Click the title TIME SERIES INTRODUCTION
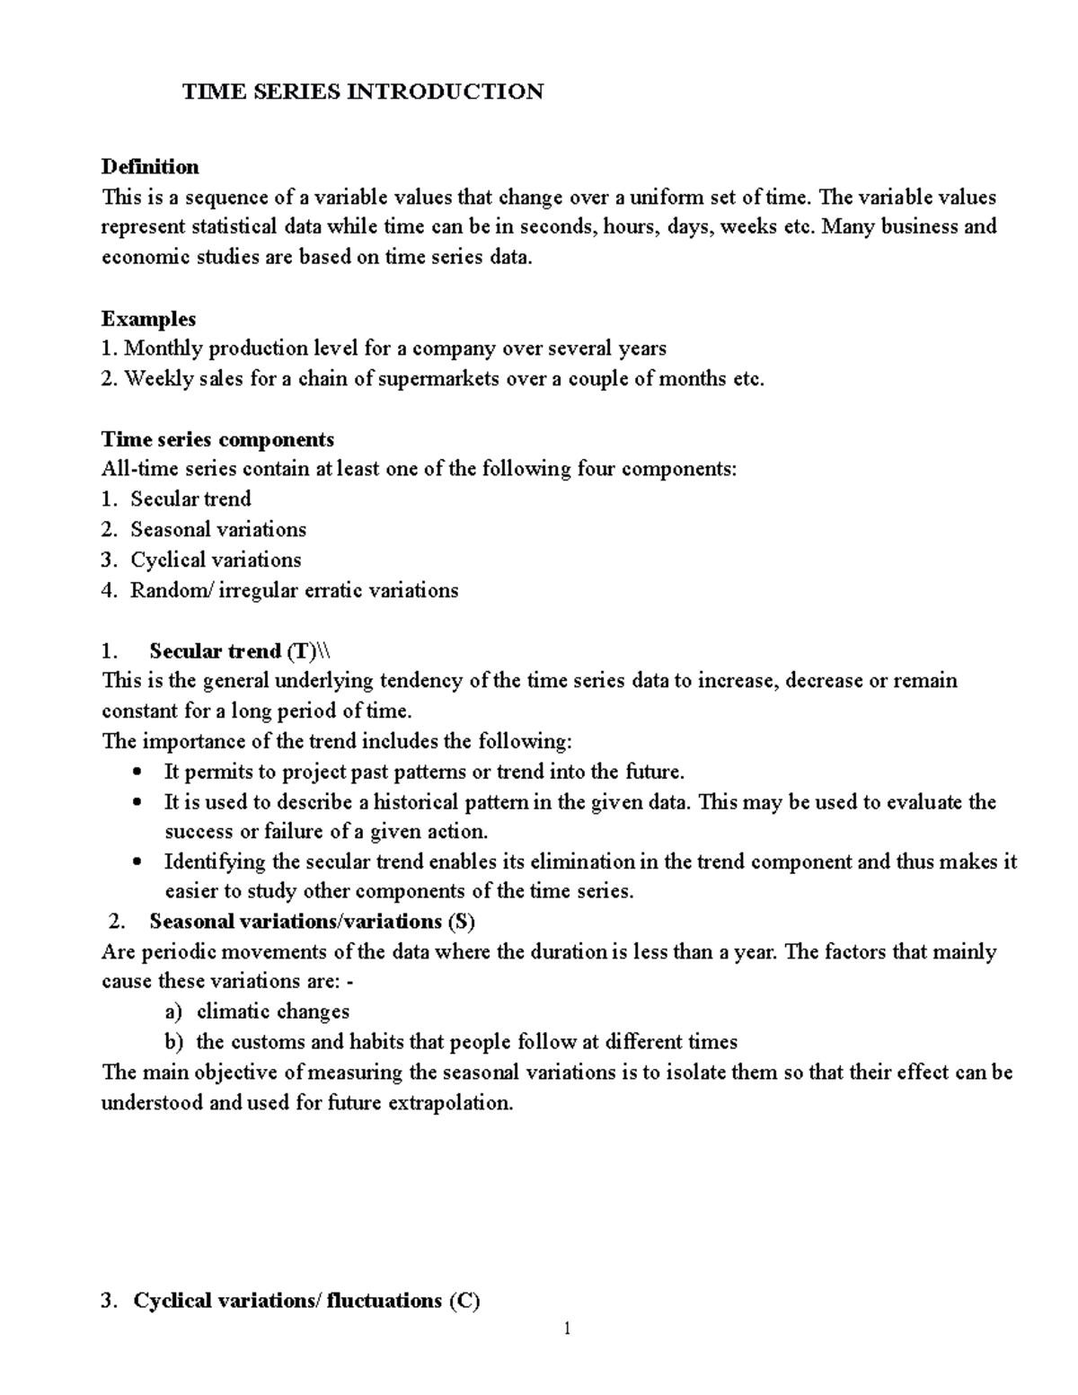click(363, 92)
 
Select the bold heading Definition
click(150, 166)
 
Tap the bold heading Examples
click(148, 319)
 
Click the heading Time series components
click(217, 439)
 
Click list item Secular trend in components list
click(190, 499)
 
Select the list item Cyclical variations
click(216, 560)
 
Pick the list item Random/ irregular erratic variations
click(294, 590)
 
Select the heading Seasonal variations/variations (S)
click(312, 922)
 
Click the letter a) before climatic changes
click(173, 1012)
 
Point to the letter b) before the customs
click(173, 1043)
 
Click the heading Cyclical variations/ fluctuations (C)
click(306, 1301)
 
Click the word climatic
click(234, 1012)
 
